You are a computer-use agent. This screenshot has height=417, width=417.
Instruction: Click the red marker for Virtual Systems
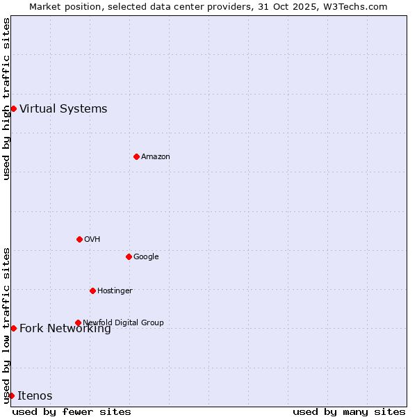coord(13,108)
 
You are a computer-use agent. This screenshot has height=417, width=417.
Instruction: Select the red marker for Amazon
coord(136,156)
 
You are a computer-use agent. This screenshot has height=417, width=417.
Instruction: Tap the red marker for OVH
coord(79,239)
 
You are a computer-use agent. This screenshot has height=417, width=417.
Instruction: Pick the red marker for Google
coord(129,256)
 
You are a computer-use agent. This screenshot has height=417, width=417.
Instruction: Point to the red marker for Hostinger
coord(92,291)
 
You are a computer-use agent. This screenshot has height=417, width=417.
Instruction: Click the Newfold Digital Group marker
coord(78,322)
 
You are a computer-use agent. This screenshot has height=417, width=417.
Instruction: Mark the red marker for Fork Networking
coord(13,328)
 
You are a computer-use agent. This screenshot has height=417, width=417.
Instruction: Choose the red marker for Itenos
coord(11,395)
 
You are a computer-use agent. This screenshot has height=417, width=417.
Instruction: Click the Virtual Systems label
coord(63,108)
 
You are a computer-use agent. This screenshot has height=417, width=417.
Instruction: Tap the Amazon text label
coord(156,156)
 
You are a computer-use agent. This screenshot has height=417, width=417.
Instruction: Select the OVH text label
coord(92,239)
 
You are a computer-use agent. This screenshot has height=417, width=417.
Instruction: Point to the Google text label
coord(146,256)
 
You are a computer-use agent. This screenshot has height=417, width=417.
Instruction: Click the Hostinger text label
coord(115,291)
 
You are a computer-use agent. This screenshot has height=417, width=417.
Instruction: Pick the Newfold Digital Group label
coord(123,322)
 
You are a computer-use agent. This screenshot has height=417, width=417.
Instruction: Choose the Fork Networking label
coord(65,329)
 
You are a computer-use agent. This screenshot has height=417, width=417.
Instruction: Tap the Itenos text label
coord(35,395)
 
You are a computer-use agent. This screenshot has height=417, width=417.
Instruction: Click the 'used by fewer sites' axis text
coord(72,411)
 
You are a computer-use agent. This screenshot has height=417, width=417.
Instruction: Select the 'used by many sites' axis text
coord(349,411)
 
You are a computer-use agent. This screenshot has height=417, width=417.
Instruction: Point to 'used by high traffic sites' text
coord(6,99)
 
